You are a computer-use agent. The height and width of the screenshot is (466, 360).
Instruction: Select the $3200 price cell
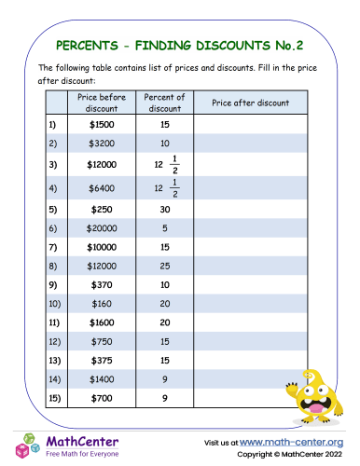(103, 143)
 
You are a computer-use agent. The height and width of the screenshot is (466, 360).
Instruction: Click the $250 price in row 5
(103, 211)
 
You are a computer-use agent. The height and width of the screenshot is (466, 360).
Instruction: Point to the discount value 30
(164, 211)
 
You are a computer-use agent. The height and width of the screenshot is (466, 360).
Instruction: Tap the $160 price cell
(103, 303)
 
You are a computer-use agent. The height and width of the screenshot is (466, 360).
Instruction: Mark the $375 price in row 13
(103, 359)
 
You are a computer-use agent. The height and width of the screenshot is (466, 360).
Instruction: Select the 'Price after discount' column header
(250, 103)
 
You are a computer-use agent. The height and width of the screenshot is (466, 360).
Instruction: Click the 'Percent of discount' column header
(164, 103)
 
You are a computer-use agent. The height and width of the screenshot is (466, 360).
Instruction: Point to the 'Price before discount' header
(103, 103)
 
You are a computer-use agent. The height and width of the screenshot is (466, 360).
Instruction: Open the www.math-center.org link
(293, 441)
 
